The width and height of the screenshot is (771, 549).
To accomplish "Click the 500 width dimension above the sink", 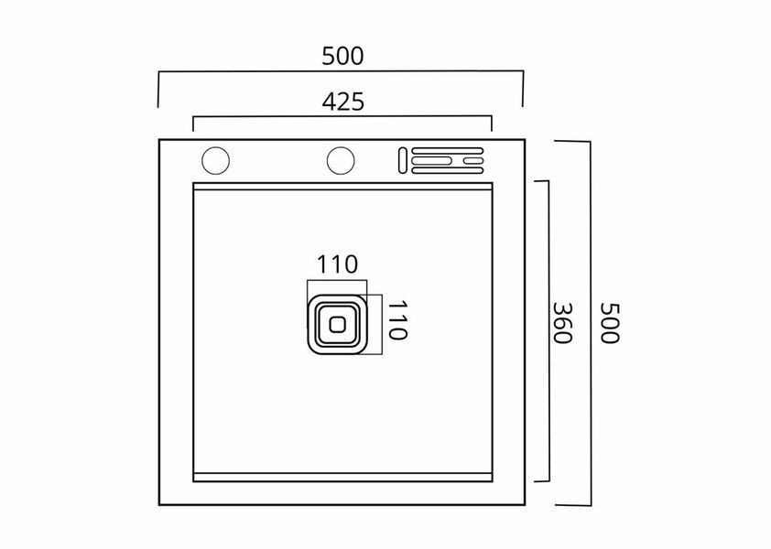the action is [342, 56].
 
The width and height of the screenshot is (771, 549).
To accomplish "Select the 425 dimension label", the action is [343, 102].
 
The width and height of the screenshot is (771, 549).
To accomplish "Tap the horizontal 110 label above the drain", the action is [337, 264].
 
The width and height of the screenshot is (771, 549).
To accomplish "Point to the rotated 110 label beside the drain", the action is [397, 320].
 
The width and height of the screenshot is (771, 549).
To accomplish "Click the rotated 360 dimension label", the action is [562, 323].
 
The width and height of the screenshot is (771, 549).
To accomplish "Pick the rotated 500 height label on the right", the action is [610, 323].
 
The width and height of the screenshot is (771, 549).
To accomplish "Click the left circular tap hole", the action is [215, 160].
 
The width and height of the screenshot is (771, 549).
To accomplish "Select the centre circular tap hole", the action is [341, 160].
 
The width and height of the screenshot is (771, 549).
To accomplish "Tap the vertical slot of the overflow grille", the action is [403, 160].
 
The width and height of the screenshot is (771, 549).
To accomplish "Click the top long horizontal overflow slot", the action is [448, 150].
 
